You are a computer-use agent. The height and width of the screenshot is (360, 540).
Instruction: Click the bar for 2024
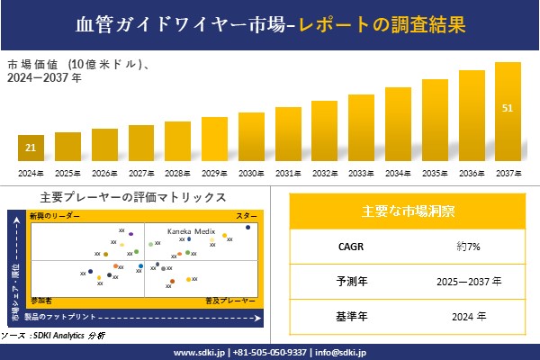click(31, 147)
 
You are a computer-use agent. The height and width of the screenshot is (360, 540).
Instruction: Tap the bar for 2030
click(251, 137)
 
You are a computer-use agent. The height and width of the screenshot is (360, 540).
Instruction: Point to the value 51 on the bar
click(508, 109)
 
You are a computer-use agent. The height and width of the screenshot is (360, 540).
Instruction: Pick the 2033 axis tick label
click(361, 173)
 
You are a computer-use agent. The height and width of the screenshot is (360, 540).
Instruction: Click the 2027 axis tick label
click(141, 173)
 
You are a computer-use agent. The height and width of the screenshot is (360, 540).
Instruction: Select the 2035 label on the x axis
click(435, 173)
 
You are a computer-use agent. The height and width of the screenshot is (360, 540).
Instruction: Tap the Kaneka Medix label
click(191, 231)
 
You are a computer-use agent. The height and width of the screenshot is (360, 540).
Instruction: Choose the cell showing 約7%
click(467, 246)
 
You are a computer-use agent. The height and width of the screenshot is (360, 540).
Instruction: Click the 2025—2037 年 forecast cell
click(467, 282)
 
